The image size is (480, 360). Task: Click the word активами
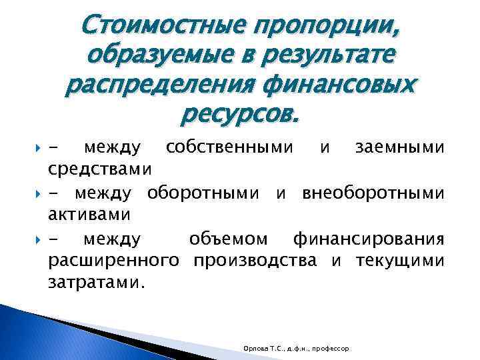click(90, 215)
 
